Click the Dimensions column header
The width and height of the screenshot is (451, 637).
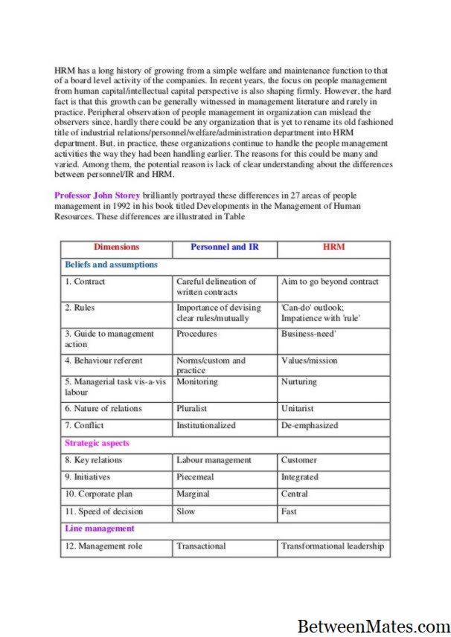[x=116, y=247]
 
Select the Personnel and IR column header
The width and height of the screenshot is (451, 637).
[x=224, y=247]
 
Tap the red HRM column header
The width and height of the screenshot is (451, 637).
[x=333, y=247]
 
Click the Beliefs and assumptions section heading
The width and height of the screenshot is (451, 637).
[x=111, y=264]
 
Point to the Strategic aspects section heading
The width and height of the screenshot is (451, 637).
[x=97, y=443]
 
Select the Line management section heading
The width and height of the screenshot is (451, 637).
[x=100, y=528]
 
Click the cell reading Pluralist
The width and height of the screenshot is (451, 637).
[x=191, y=409]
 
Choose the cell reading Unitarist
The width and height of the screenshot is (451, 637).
[x=298, y=409]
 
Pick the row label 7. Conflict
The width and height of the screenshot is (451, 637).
[x=84, y=426]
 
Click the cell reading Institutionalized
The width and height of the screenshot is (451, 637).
[x=205, y=426]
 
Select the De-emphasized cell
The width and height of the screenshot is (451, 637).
[x=309, y=426]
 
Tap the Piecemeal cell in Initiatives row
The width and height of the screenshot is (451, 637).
[x=194, y=477]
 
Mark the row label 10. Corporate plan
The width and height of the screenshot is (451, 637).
[x=99, y=494]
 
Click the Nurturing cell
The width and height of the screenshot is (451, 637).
[x=298, y=382]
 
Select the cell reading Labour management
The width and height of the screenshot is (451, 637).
[x=214, y=460]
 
